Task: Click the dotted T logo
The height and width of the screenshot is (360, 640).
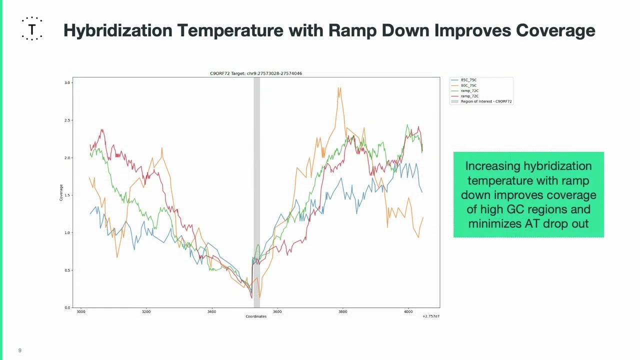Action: [x=32, y=28]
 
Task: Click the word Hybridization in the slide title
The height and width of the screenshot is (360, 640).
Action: [x=117, y=31]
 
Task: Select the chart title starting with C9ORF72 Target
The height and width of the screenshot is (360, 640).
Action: [x=256, y=73]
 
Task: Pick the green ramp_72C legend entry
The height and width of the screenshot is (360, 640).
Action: [x=464, y=91]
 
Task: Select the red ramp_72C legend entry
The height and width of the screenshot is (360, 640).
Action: [x=464, y=96]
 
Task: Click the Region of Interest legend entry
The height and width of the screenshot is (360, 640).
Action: [x=481, y=101]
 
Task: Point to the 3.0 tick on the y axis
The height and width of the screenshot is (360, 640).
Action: [x=67, y=83]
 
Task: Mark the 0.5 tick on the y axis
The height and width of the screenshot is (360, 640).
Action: [x=67, y=270]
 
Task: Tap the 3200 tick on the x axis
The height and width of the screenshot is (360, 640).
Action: [x=146, y=311]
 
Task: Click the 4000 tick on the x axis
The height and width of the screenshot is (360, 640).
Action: [x=408, y=311]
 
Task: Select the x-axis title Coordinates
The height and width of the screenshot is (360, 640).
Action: [x=256, y=316]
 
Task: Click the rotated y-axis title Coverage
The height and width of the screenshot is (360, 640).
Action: [x=61, y=192]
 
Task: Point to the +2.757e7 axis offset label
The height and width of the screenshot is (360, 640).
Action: [x=431, y=316]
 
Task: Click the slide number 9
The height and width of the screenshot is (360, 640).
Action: [x=20, y=350]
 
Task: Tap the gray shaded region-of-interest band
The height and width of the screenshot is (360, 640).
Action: [x=257, y=192]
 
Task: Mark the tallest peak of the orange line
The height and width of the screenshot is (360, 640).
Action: [x=339, y=88]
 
